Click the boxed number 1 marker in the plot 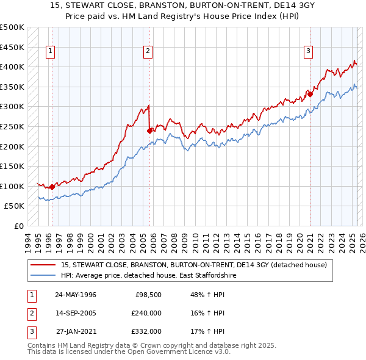click(49, 51)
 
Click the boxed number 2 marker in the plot click(148, 51)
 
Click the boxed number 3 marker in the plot click(309, 51)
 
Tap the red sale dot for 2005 click(149, 130)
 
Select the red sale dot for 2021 click(310, 94)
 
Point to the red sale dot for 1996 click(52, 187)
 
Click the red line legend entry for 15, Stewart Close click(194, 265)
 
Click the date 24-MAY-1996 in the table click(76, 295)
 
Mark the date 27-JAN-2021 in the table click(76, 331)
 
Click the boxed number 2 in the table click(30, 313)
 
